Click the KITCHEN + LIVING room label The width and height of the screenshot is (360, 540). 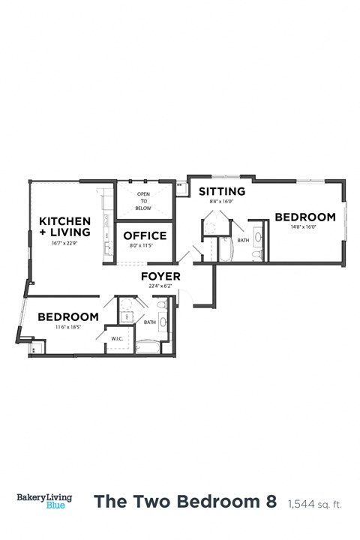coord(64,226)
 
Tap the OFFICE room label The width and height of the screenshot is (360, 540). coord(144,235)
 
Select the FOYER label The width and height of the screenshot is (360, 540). coord(161,277)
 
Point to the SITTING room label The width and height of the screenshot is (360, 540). coord(221,191)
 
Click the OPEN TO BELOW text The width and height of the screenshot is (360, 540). coord(142,199)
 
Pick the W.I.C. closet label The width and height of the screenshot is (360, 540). coord(117,337)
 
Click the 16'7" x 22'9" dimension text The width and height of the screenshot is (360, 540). coord(64,243)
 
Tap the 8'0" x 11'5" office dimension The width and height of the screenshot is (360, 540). coord(144,245)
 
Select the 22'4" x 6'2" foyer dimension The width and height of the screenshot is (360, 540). coord(161,286)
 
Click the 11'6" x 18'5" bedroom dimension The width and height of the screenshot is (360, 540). coord(67,327)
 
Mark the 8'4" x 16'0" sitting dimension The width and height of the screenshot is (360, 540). coord(221,201)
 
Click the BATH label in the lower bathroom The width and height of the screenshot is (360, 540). coord(150,322)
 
